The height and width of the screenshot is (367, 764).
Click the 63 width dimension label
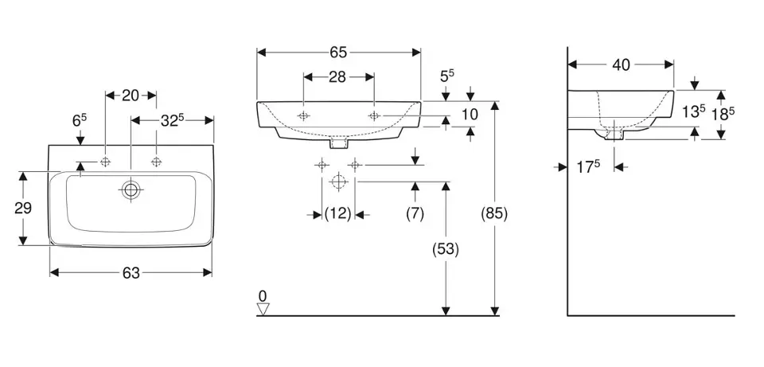[131, 273]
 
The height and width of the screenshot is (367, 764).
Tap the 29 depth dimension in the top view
[23, 208]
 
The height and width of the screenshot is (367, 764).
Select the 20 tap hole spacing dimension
[131, 96]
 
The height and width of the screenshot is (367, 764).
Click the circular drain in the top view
[131, 190]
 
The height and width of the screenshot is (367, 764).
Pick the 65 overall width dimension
[338, 53]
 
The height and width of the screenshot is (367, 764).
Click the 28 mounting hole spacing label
[337, 77]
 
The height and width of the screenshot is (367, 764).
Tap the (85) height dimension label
[494, 213]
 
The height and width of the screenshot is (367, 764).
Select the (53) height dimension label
[446, 249]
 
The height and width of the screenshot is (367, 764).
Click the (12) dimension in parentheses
[338, 213]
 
